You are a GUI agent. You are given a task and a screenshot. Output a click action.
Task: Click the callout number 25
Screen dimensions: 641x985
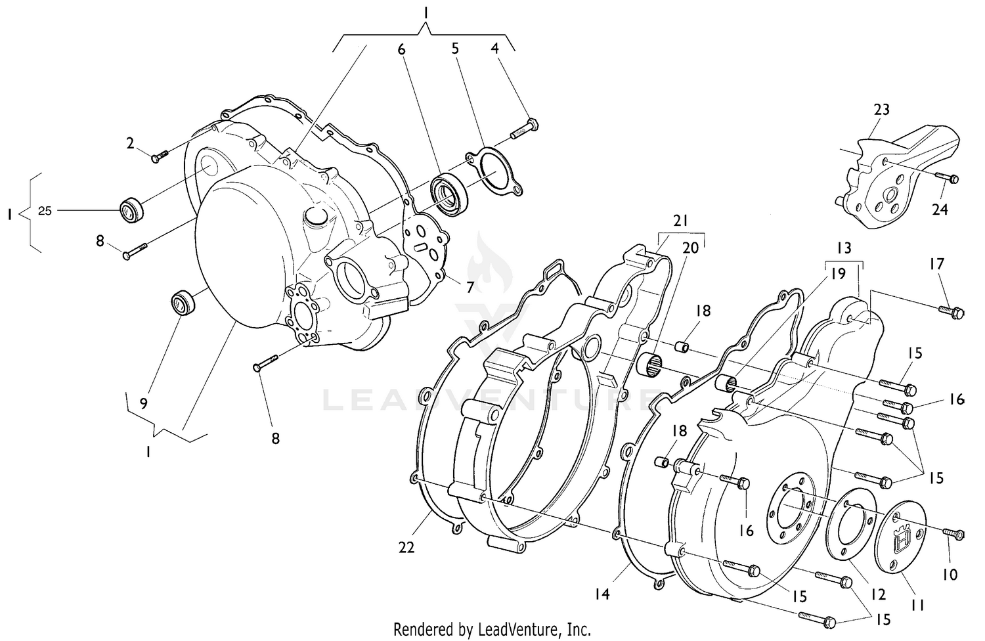pos(45,211)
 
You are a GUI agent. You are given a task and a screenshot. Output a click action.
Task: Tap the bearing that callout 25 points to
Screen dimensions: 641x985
pos(131,210)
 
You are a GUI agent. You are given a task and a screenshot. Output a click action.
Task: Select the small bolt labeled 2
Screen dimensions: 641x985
pos(159,156)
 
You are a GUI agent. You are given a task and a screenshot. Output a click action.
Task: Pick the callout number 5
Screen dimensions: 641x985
pos(455,48)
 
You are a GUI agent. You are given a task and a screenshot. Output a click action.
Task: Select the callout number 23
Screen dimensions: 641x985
pos(881,109)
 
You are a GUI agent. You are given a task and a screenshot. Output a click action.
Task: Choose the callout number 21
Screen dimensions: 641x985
pos(680,220)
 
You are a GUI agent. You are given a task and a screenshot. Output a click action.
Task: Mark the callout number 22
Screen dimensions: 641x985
pos(406,546)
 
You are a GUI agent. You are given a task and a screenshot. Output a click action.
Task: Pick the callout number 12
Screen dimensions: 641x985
pos(878,594)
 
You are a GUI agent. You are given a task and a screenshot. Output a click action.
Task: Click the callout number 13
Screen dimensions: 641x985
pos(844,248)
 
